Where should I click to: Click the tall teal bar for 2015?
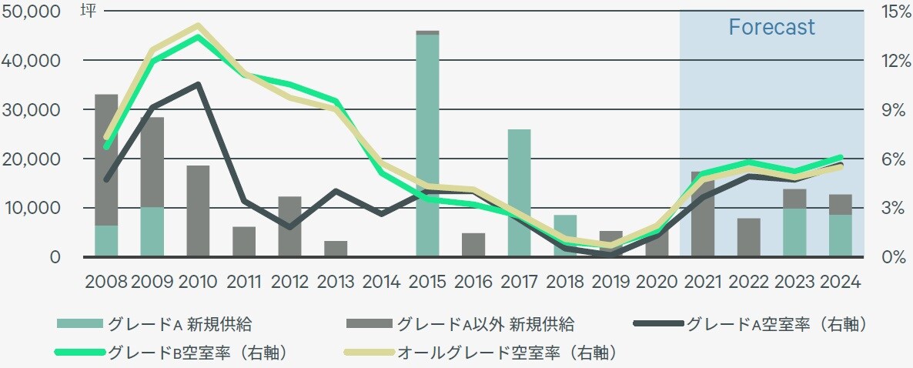click(x=427, y=146)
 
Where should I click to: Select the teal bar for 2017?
click(x=519, y=192)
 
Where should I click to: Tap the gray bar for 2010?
click(x=198, y=211)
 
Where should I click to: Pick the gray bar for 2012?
click(x=289, y=226)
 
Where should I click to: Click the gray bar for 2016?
click(x=473, y=245)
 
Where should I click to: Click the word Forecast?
click(x=771, y=28)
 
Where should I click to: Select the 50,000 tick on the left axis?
click(x=32, y=12)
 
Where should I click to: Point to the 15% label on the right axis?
click(x=889, y=12)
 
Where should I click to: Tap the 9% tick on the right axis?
click(x=889, y=110)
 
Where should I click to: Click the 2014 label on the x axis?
click(x=381, y=281)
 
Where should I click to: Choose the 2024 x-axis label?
click(x=840, y=281)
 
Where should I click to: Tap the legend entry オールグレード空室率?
click(x=508, y=353)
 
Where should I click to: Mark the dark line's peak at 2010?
click(x=198, y=85)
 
